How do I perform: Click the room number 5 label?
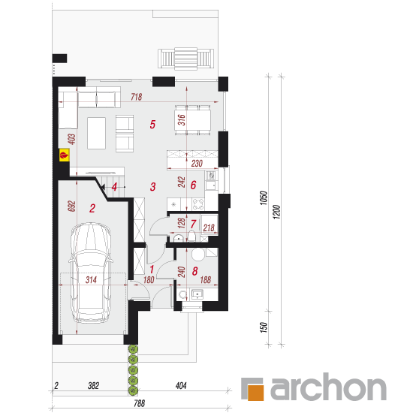(x=152, y=125)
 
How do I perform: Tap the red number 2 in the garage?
(x=92, y=208)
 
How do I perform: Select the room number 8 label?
(x=195, y=271)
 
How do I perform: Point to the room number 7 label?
(x=193, y=225)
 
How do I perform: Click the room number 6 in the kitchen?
(x=193, y=185)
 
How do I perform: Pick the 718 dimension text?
(x=137, y=97)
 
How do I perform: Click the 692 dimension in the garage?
(x=71, y=206)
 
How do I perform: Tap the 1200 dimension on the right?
(x=276, y=212)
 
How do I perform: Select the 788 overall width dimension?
(x=140, y=403)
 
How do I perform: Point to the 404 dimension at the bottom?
(x=181, y=386)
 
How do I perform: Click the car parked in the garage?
(x=91, y=273)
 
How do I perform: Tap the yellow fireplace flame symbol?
(x=64, y=155)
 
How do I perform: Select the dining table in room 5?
(x=192, y=120)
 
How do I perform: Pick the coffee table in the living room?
(x=97, y=133)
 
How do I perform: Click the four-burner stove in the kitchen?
(x=198, y=203)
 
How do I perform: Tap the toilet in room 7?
(x=191, y=237)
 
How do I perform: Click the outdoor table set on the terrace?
(x=185, y=59)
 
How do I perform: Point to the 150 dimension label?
(x=264, y=327)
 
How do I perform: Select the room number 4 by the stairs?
(x=114, y=187)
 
